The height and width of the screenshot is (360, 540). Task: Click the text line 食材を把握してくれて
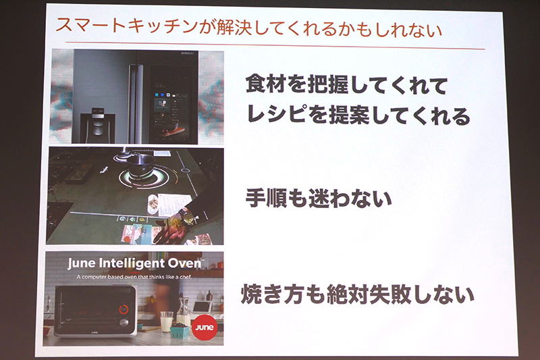pyautogui.click(x=346, y=86)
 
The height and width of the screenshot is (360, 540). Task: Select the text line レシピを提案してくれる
pyautogui.click(x=357, y=116)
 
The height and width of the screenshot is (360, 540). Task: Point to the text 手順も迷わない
pyautogui.click(x=318, y=199)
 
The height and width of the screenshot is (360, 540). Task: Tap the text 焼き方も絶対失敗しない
pyautogui.click(x=358, y=295)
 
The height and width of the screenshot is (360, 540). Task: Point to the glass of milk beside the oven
pyautogui.click(x=166, y=320)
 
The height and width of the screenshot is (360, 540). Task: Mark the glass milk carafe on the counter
pyautogui.click(x=182, y=312)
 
